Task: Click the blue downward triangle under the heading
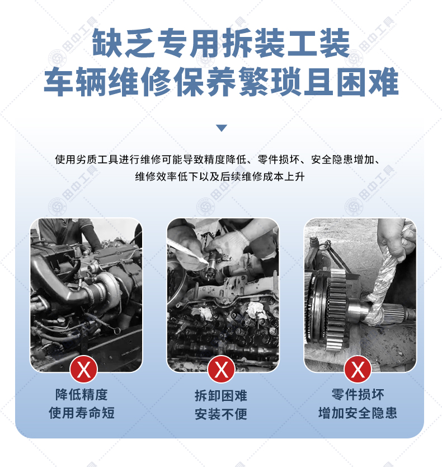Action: (222, 128)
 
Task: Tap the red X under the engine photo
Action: (83, 369)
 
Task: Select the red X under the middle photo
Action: (221, 369)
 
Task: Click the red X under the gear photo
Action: (358, 369)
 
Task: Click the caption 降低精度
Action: (81, 395)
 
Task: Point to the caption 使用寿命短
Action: (82, 413)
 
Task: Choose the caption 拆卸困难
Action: (221, 396)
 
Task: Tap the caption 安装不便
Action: (221, 414)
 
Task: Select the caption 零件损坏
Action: (358, 395)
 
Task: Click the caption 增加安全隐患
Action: (358, 413)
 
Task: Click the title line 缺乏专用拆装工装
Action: (221, 43)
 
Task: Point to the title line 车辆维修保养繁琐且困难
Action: (221, 81)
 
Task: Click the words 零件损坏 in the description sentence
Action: (279, 160)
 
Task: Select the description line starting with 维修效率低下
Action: (220, 176)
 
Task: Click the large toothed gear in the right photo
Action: (336, 310)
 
